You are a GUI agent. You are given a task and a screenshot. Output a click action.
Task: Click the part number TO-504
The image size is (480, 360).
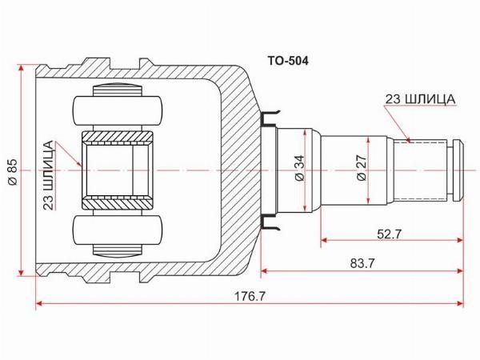point(288,62)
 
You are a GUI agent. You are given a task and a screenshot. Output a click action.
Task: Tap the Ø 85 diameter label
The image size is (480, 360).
point(13,172)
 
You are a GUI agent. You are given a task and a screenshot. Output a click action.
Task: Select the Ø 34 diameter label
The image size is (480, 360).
point(300,168)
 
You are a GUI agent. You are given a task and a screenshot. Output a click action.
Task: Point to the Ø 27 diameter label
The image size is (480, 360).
point(362,168)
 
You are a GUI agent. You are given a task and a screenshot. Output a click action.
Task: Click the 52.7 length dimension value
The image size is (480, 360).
point(389,234)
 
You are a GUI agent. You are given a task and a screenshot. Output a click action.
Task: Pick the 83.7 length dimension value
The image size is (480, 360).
point(362,263)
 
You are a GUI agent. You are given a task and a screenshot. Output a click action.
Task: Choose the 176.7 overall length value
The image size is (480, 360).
point(250,296)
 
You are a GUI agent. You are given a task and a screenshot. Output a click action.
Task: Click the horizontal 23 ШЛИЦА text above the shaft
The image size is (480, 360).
point(420,99)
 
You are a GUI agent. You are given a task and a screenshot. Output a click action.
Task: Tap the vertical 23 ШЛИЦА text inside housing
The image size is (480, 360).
point(48,175)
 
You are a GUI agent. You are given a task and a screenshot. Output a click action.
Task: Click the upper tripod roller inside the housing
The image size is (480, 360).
point(118,110)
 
